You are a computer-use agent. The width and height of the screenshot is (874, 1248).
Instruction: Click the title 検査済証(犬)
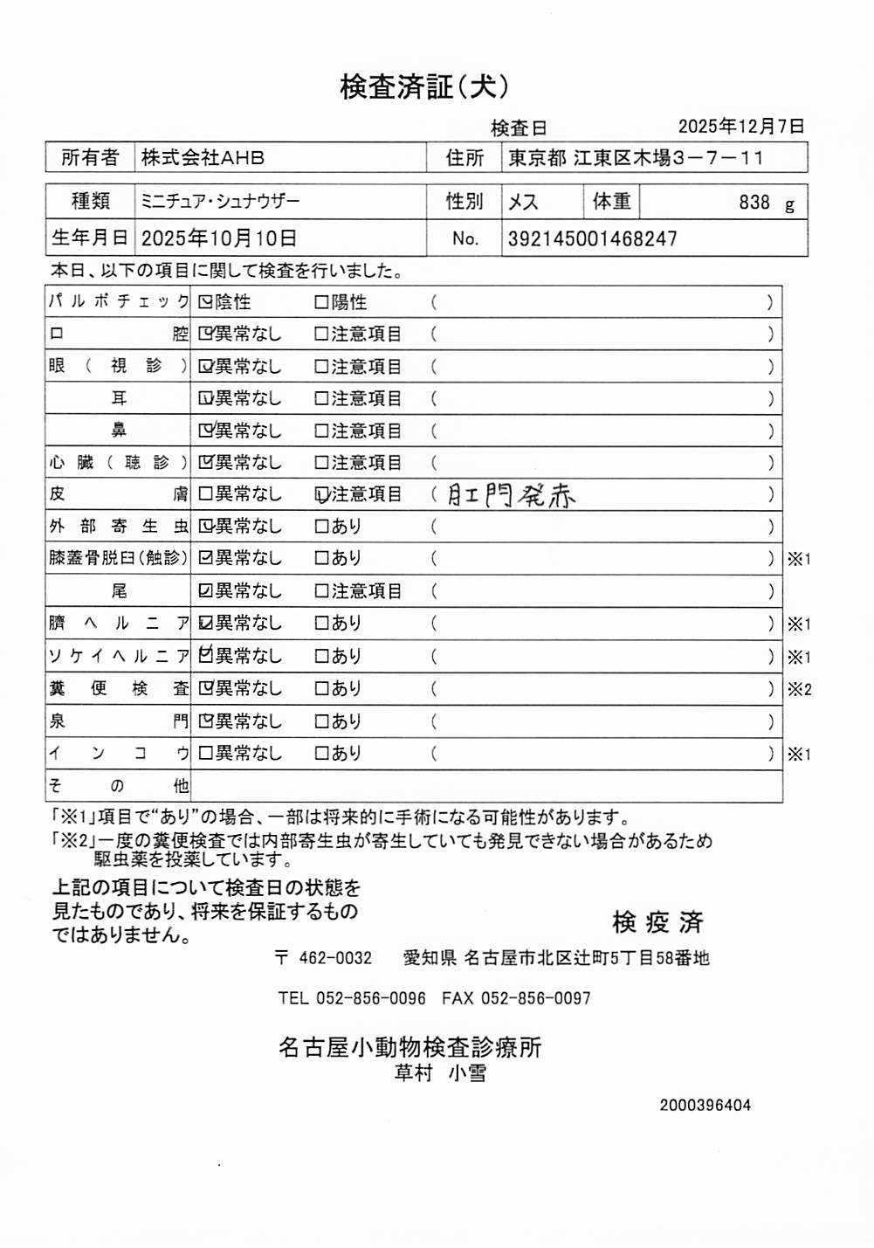coord(423,86)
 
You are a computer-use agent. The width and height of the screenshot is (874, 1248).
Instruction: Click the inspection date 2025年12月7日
coord(740,127)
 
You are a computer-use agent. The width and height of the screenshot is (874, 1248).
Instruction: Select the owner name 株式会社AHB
coord(203,158)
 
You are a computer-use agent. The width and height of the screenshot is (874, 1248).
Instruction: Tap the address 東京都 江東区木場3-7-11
coord(636,158)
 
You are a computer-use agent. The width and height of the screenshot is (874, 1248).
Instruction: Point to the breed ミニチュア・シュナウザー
coord(219,202)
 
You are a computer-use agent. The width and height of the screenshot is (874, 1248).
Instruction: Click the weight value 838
coord(754,203)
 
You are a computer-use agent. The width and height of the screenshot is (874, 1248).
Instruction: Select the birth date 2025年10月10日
coord(218,238)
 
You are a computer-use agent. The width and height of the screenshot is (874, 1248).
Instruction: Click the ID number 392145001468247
coord(592,238)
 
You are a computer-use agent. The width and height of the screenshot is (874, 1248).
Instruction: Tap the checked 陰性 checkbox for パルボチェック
coord(205,302)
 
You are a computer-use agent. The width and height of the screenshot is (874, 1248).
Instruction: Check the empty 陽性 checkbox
coord(321,302)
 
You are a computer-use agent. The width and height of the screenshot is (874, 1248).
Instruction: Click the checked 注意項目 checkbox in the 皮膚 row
coord(321,495)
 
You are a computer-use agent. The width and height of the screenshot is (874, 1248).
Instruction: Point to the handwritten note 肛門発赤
coord(511,495)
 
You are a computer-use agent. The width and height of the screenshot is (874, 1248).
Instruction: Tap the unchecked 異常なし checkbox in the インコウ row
coord(205,753)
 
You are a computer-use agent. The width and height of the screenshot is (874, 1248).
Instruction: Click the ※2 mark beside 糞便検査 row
coord(799,689)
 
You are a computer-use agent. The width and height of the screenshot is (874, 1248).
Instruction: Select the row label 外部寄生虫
coord(118,527)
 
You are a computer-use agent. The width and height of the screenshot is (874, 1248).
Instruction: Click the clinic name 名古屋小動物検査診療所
coord(409,1047)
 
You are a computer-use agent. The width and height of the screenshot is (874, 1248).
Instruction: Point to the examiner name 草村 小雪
coord(440,1073)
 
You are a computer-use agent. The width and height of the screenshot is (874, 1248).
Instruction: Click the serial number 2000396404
coord(705,1105)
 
